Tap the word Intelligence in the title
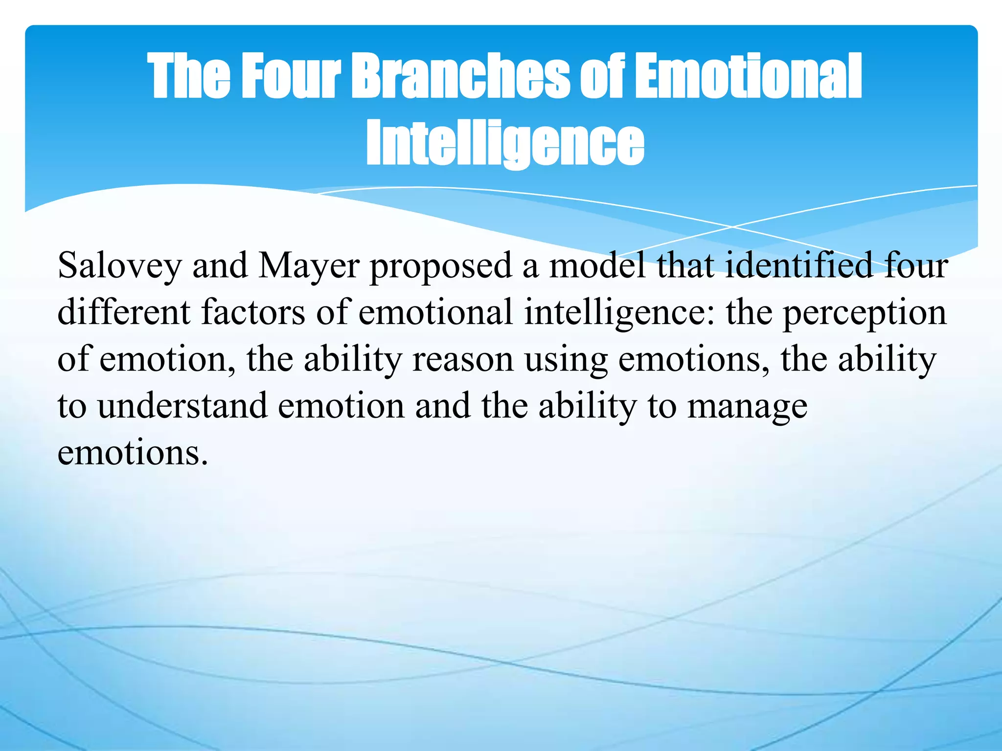(505, 142)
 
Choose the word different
(124, 312)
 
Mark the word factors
(253, 312)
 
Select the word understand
(182, 406)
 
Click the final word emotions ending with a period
(133, 453)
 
